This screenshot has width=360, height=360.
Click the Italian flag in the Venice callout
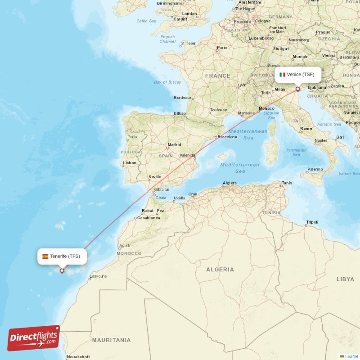(283, 74)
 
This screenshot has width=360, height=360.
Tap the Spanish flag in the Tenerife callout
(45, 256)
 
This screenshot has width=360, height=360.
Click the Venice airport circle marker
(297, 89)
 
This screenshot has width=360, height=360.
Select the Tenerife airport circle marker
(62, 270)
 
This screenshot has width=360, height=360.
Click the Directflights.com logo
(34, 338)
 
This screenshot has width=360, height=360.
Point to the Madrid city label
(174, 145)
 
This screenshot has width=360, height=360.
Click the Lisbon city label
(130, 163)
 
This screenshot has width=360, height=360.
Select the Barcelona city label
(227, 137)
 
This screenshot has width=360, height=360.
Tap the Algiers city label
(229, 183)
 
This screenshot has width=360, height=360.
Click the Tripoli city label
(312, 222)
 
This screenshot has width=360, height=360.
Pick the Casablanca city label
(149, 218)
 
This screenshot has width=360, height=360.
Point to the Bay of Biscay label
(167, 82)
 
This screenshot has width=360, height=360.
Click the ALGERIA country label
(220, 270)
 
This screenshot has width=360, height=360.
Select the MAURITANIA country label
(111, 340)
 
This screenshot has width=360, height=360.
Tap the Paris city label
(222, 48)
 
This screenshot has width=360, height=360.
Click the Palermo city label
(315, 169)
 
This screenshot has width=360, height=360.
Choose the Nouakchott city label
(78, 357)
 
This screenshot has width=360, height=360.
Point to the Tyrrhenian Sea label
(296, 152)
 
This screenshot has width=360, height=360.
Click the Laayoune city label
(99, 276)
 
